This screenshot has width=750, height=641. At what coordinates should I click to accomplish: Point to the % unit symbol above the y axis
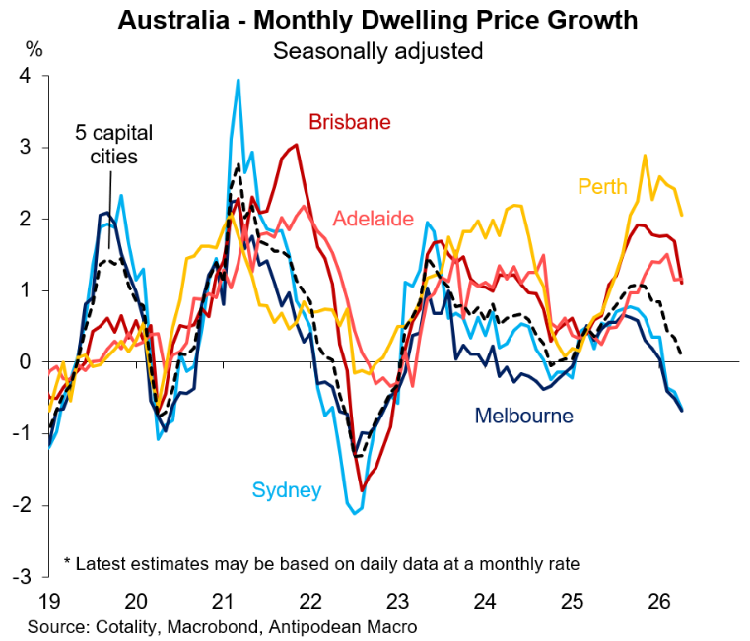tap(34, 48)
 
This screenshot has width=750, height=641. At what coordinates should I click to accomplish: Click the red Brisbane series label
tap(350, 122)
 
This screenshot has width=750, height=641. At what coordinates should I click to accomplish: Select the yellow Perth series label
tap(603, 185)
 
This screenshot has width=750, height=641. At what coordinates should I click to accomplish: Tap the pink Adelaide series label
tap(374, 218)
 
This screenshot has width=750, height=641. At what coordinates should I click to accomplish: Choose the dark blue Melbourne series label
tap(523, 416)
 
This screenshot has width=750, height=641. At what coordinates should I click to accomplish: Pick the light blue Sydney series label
tap(287, 489)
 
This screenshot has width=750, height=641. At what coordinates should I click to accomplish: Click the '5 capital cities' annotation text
tap(108, 144)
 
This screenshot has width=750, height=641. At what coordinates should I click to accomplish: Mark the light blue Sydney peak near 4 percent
tap(239, 82)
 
